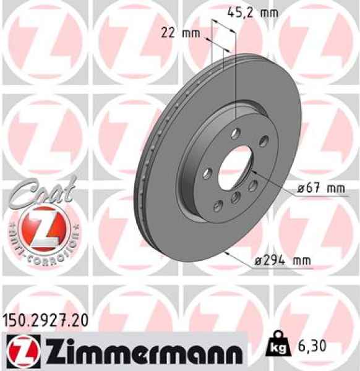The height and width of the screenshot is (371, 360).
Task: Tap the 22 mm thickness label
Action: [181, 33]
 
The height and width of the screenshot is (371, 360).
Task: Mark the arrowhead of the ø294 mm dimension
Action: [228, 254]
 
